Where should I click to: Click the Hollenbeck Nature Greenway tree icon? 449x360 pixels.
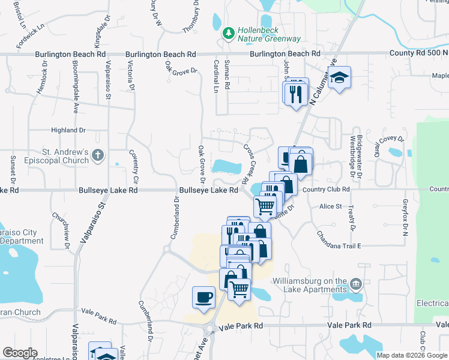[228, 33]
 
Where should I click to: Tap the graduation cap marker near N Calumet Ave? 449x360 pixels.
[340, 79]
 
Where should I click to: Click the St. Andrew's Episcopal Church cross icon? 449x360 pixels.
[98, 156]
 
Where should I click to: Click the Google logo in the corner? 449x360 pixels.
[20, 353]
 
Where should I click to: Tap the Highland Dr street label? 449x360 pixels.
[68, 130]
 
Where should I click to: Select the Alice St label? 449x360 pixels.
[330, 206]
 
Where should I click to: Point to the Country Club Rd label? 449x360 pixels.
[326, 190]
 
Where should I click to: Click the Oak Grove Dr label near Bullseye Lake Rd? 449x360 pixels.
[202, 164]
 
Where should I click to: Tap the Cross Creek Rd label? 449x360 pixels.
[246, 164]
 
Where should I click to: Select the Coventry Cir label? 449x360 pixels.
[135, 167]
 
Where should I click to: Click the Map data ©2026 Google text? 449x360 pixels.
[411, 355]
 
